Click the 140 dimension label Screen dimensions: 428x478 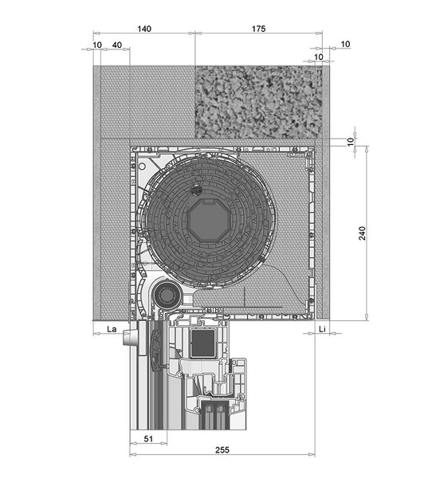pyautogui.click(x=144, y=29)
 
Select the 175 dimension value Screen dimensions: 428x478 pyautogui.click(x=259, y=29)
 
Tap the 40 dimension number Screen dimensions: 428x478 pyautogui.click(x=117, y=45)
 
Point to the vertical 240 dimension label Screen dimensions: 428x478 pyautogui.click(x=362, y=233)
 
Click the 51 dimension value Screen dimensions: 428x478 pyautogui.click(x=148, y=439)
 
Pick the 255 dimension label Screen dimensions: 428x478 pyautogui.click(x=222, y=449)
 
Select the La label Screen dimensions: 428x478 pyautogui.click(x=112, y=329)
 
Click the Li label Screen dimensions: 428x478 pyautogui.click(x=322, y=329)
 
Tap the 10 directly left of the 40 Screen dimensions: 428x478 pyautogui.click(x=97, y=45)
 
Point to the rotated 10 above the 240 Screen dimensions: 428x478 pyautogui.click(x=351, y=142)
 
